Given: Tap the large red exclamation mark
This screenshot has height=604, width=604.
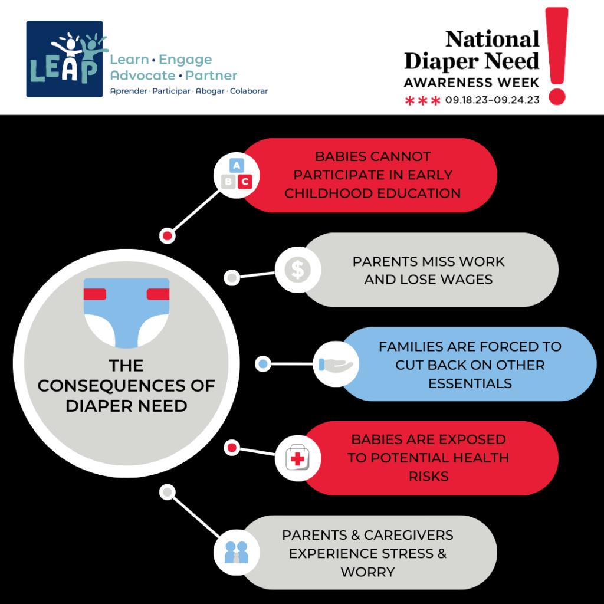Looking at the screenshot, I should [557, 56].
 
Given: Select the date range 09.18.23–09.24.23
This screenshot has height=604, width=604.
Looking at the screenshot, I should [493, 100].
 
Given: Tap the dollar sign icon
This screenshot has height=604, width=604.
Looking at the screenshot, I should [298, 270].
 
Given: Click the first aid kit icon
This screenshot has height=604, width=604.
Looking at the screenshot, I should [298, 458].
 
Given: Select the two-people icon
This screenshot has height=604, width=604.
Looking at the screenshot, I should [237, 553].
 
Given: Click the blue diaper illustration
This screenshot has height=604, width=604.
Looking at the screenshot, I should [126, 313].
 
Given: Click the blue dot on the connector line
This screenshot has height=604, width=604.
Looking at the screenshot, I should [263, 364].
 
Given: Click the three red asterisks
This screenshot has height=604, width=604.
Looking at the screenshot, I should [422, 101].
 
